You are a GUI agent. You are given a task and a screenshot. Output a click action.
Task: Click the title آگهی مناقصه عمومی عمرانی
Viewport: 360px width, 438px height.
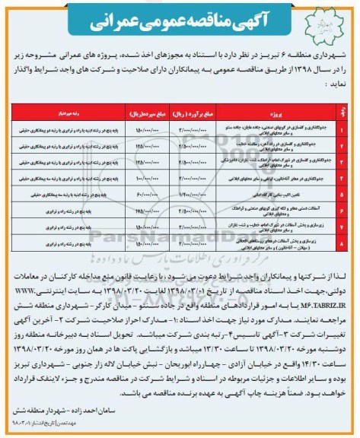(180, 24)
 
